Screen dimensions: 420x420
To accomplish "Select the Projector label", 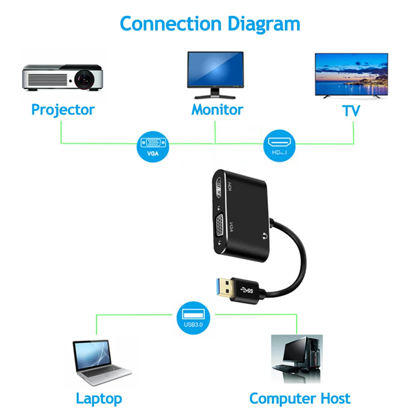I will coord(63,110).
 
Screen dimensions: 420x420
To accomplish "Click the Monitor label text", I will coord(217,110).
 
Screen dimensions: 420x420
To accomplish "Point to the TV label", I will coord(351,111).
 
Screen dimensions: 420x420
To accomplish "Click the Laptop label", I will coord(99,398).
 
